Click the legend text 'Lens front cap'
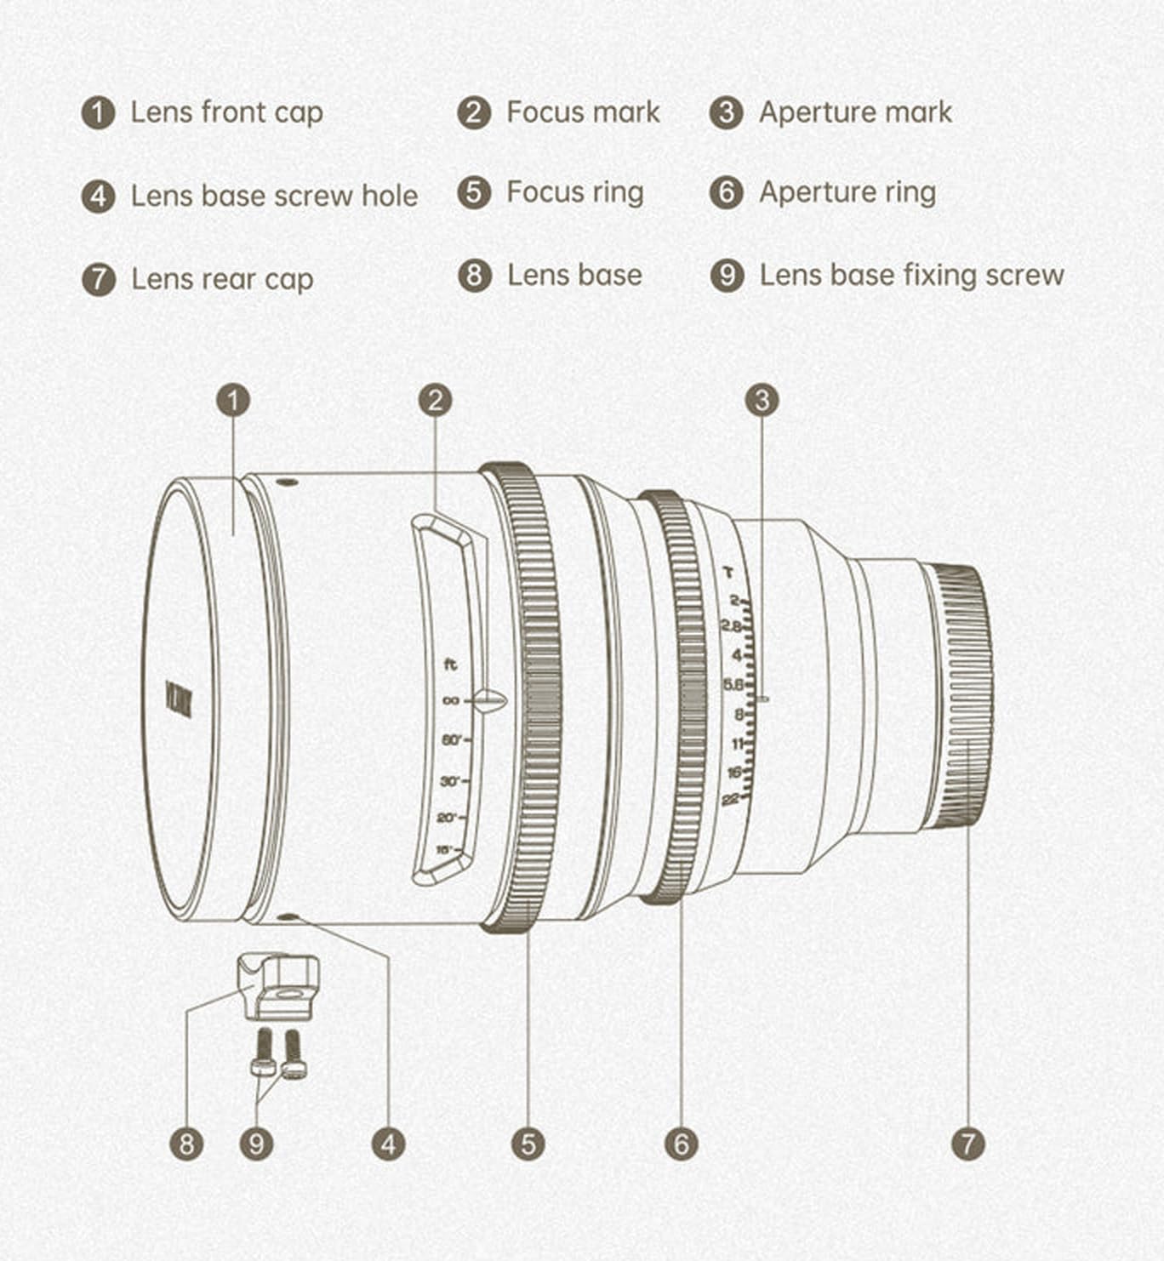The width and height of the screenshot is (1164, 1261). click(x=226, y=112)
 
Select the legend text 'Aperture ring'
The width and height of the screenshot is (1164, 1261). click(x=847, y=192)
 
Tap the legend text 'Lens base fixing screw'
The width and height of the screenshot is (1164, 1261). click(x=911, y=275)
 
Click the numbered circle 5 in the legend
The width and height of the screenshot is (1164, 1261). click(x=474, y=192)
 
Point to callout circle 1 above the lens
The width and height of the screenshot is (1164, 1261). click(x=233, y=400)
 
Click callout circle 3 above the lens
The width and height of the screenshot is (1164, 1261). click(x=762, y=400)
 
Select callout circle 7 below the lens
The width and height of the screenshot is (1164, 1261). click(x=968, y=1143)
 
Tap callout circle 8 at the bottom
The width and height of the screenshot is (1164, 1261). click(x=186, y=1143)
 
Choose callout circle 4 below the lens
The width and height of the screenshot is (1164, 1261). click(x=388, y=1143)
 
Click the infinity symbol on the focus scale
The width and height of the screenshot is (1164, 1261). click(x=450, y=701)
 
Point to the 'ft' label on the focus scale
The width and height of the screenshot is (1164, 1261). click(x=450, y=665)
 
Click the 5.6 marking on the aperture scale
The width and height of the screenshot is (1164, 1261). click(x=733, y=684)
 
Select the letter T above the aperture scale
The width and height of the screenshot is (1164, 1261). click(x=727, y=572)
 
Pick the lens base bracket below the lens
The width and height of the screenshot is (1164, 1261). click(x=278, y=986)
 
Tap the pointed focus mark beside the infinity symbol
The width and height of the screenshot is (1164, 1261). click(x=490, y=701)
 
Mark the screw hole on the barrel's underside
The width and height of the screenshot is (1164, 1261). click(x=288, y=917)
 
